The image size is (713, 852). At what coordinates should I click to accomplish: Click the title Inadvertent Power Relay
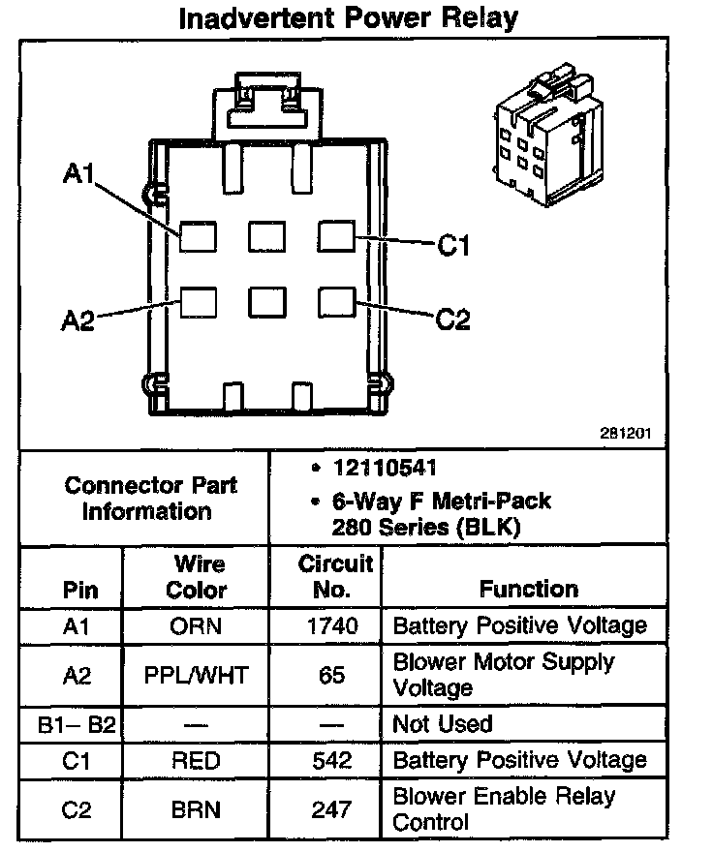pos(349,18)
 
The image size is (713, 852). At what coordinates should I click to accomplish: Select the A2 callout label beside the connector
pos(78,321)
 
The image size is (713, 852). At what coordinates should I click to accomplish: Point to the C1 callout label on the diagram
pos(453,246)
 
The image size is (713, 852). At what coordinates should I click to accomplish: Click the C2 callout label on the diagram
pos(453,319)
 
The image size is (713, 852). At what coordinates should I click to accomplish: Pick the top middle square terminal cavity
pos(266,236)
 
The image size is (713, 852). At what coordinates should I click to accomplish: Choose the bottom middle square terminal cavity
pos(266,302)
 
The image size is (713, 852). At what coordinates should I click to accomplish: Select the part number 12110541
pos(385,468)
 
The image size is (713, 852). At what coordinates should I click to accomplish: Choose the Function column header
pos(528,589)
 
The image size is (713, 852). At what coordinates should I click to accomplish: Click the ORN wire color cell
pos(196,625)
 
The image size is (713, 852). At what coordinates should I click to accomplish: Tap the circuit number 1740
pos(332,625)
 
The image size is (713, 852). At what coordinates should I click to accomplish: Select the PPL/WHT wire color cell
pos(196,675)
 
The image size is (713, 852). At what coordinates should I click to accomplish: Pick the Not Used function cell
pos(443,724)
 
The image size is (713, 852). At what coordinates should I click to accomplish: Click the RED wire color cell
pos(196,760)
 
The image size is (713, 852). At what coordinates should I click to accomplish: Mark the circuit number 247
pos(332,809)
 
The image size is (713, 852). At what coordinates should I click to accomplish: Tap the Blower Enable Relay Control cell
pos(504,809)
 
